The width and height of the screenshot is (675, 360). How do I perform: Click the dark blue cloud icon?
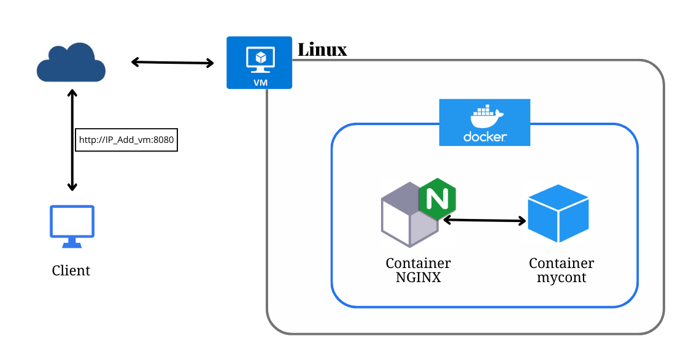[71, 63]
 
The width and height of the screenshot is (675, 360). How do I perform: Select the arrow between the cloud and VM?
[172, 62]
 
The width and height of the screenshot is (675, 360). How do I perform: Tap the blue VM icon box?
[259, 63]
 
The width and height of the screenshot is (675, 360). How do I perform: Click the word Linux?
[322, 50]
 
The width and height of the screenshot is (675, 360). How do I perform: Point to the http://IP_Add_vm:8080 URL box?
[126, 140]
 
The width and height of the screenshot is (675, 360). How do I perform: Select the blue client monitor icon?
[72, 226]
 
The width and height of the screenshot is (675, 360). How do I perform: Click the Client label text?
[71, 270]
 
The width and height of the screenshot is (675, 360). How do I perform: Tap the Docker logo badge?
[484, 123]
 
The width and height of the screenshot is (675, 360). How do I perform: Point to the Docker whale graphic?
[485, 115]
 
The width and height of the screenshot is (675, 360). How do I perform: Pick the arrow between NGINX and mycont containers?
[485, 220]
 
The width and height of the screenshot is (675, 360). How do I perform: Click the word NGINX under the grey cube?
[418, 278]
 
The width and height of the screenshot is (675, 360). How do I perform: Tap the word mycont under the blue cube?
[561, 278]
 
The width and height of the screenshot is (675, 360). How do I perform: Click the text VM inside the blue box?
[259, 80]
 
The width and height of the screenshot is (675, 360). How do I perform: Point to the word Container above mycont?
[561, 264]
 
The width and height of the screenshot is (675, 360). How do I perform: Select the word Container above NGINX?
[418, 264]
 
